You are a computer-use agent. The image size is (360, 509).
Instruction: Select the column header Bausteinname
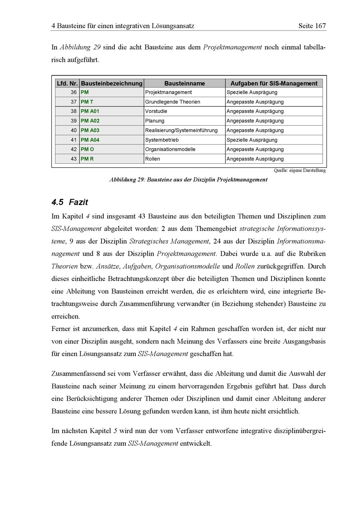click(x=184, y=83)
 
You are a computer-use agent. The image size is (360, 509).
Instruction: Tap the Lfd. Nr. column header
click(x=67, y=83)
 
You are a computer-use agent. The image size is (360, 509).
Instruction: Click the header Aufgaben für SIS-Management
click(x=274, y=83)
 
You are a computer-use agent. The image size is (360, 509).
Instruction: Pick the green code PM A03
click(x=90, y=130)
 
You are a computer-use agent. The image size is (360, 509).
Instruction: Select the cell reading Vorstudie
click(x=156, y=111)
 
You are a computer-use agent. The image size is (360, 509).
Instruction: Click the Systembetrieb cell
click(x=162, y=140)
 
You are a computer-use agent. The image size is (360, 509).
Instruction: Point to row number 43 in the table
click(x=74, y=159)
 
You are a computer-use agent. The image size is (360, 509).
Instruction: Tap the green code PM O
click(x=87, y=149)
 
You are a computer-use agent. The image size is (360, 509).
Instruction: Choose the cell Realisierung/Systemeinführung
click(x=181, y=130)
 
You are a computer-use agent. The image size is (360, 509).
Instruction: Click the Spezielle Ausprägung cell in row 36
click(x=252, y=92)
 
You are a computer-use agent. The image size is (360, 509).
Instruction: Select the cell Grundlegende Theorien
click(x=172, y=102)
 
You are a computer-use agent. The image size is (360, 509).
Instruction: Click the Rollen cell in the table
click(x=153, y=159)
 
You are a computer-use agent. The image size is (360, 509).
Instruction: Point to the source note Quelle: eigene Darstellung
click(x=300, y=171)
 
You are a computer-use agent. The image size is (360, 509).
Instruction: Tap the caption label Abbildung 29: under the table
click(x=127, y=179)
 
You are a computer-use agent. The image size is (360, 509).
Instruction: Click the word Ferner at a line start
click(x=61, y=329)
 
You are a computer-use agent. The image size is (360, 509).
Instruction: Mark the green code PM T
click(x=87, y=102)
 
